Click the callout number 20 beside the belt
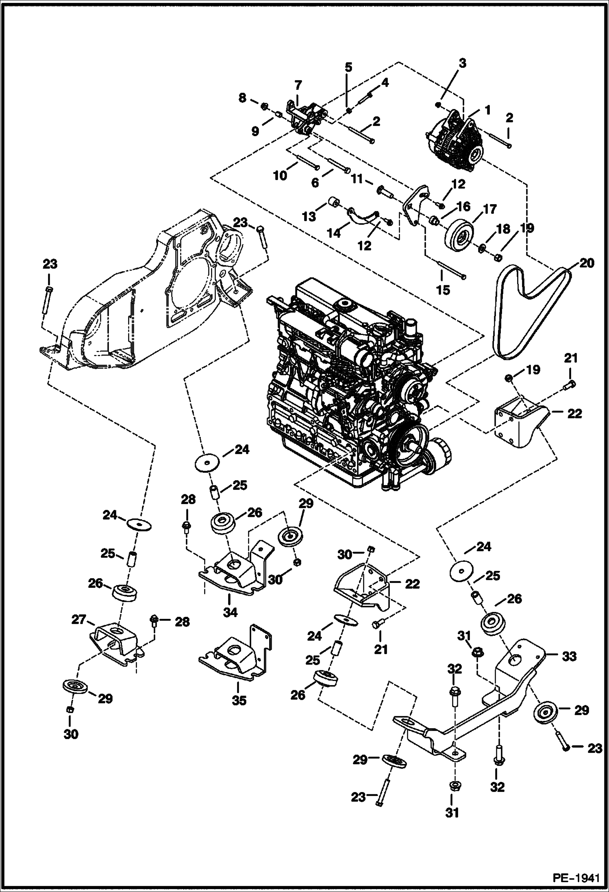pyautogui.click(x=586, y=263)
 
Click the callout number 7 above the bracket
pyautogui.click(x=298, y=85)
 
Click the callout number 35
pyautogui.click(x=239, y=701)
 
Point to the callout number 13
pyautogui.click(x=309, y=216)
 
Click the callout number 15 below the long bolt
pyautogui.click(x=443, y=290)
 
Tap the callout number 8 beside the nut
pyautogui.click(x=242, y=98)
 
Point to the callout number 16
pyautogui.click(x=463, y=207)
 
